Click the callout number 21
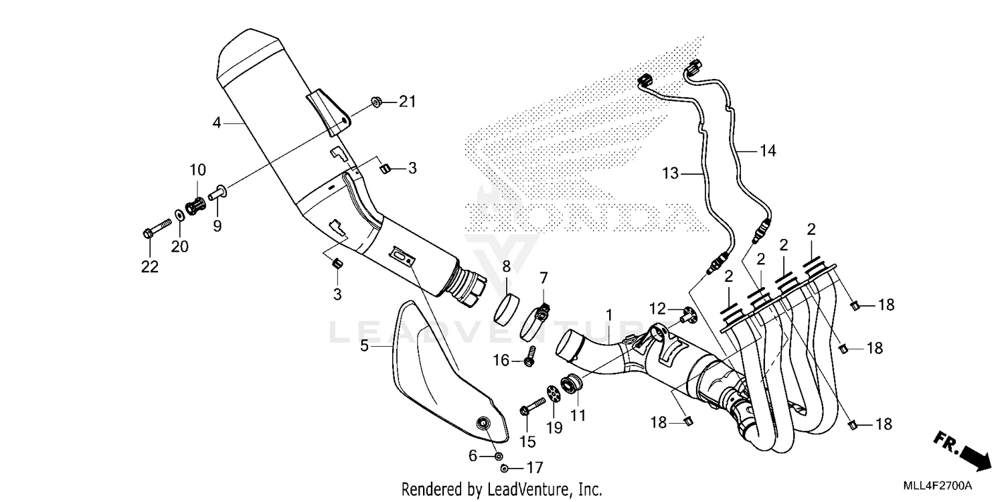coord(408,102)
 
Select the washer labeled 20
coord(180,216)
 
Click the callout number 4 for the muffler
coord(217,122)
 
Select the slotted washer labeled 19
coord(552,393)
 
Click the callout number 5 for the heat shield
coord(364,346)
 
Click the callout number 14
coord(768,151)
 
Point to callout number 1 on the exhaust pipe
coord(609,313)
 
